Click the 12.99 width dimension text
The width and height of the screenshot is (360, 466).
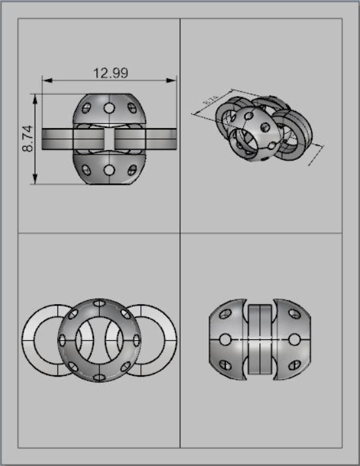(110, 72)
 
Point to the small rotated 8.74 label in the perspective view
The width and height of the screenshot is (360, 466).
(211, 102)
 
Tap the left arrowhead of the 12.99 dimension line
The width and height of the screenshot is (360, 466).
(46, 81)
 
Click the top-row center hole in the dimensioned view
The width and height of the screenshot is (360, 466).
(109, 107)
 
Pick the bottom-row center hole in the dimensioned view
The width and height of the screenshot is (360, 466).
(109, 170)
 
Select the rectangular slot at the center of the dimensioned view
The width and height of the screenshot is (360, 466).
(109, 138)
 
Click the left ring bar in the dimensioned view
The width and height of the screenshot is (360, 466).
(57, 138)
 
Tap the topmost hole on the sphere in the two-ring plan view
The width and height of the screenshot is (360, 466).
(99, 303)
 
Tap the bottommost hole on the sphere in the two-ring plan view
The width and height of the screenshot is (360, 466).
(99, 377)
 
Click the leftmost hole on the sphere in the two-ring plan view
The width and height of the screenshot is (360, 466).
(63, 340)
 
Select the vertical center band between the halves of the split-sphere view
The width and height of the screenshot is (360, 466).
(260, 340)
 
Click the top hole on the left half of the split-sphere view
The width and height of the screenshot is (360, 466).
(225, 315)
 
